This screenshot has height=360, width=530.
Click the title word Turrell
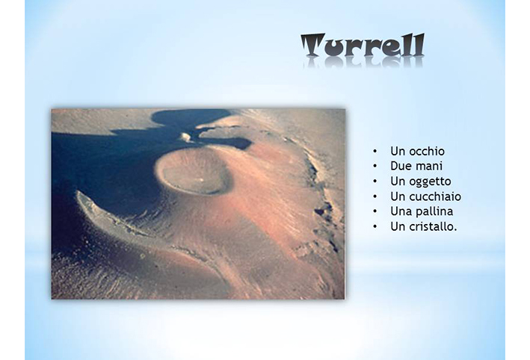(363, 45)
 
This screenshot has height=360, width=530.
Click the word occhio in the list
(427, 152)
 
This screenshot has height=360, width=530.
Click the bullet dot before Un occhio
(375, 152)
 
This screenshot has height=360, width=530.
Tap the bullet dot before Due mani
(375, 166)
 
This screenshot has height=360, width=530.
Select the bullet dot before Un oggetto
(375, 181)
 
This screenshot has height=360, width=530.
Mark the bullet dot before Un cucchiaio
(375, 196)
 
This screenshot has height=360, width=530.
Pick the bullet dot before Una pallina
(375, 211)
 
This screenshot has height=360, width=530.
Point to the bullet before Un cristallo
(375, 226)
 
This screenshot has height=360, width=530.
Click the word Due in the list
(399, 166)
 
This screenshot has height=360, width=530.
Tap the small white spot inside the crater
(202, 180)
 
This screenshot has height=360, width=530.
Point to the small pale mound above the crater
(186, 137)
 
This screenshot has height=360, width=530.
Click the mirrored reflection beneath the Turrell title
(363, 63)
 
